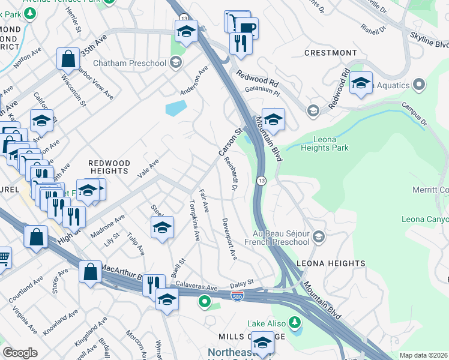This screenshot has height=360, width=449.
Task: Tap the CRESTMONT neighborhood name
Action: (x=327, y=53)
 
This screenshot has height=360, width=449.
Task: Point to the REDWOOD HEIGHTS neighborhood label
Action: (x=109, y=167)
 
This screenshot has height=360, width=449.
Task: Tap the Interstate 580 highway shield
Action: (x=238, y=296)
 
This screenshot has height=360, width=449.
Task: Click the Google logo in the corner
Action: (x=20, y=353)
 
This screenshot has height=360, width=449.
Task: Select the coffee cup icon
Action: (x=246, y=27)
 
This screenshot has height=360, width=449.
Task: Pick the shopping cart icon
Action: (x=3, y=258)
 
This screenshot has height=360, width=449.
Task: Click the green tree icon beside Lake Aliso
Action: (x=294, y=323)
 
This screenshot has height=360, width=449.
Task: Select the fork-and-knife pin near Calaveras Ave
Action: (x=154, y=284)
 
